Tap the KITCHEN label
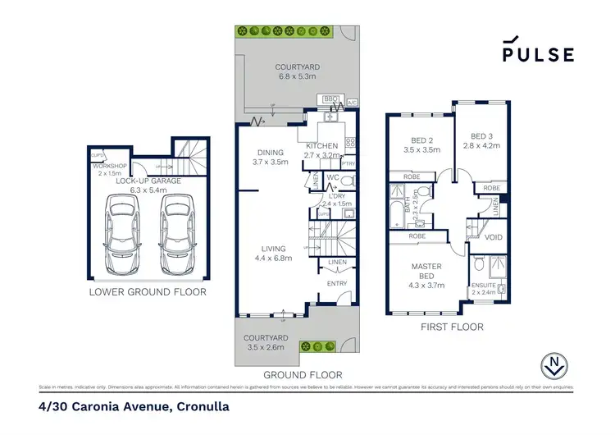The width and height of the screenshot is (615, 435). click(x=321, y=145)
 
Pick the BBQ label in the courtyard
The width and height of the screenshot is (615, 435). click(x=331, y=98)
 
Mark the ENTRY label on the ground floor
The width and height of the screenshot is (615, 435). click(x=337, y=284)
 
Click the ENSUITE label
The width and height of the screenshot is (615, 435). click(x=485, y=286)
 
